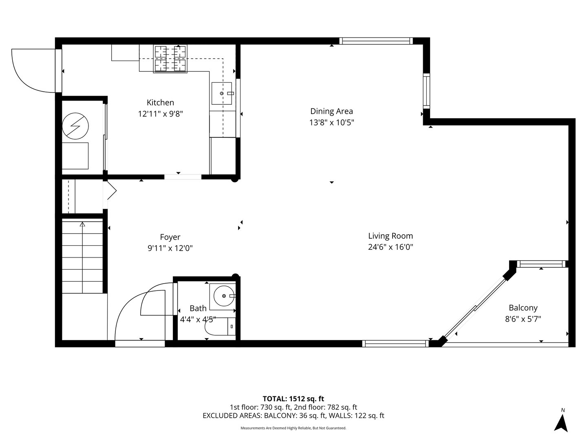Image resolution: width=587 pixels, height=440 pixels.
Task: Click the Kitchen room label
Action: (x=160, y=103)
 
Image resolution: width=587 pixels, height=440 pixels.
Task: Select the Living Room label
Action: (x=390, y=236)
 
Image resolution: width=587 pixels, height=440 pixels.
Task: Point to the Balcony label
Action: (x=523, y=308)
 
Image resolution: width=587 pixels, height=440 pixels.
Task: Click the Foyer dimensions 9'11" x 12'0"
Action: (x=170, y=248)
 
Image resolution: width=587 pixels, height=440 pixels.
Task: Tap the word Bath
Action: (x=198, y=308)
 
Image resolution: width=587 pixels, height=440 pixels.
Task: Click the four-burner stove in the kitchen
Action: (x=170, y=59)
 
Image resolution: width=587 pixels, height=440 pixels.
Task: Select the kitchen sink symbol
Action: (x=222, y=93)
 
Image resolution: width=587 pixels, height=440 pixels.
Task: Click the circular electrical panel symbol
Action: (x=75, y=126)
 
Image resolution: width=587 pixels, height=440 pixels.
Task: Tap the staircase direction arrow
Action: (x=83, y=225)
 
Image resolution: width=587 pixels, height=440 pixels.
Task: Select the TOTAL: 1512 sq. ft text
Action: (x=293, y=398)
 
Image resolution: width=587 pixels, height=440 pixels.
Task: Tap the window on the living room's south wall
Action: (x=395, y=343)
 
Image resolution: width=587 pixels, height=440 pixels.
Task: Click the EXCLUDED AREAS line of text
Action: (x=293, y=416)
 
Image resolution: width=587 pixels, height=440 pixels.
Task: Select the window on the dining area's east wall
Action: (x=426, y=90)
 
